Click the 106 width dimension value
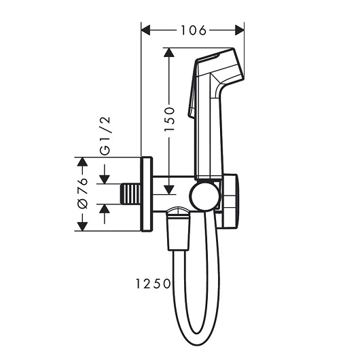(x=194, y=31)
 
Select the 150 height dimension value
(x=170, y=119)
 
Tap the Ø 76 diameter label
(x=83, y=193)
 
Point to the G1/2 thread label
(x=105, y=136)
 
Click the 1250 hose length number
(x=153, y=284)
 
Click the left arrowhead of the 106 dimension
(x=145, y=31)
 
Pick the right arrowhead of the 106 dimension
(x=240, y=31)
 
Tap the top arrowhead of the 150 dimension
(x=168, y=52)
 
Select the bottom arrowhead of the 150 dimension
(x=168, y=190)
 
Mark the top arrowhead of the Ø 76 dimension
(x=82, y=162)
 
